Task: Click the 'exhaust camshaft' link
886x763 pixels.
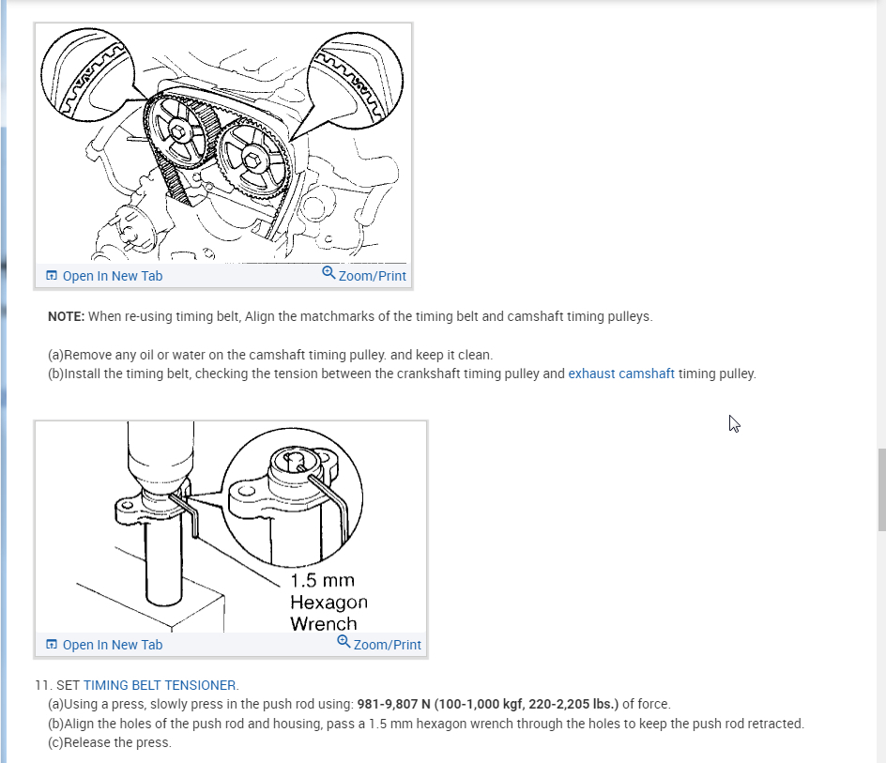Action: point(621,374)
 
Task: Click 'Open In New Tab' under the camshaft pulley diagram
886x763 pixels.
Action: point(113,276)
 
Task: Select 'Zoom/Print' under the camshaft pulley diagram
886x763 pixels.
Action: point(372,276)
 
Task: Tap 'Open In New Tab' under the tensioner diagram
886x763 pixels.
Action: point(113,645)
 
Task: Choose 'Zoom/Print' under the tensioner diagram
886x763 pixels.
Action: point(387,645)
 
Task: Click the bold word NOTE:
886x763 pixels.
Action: point(66,316)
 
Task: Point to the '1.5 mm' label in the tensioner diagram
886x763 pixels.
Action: point(322,580)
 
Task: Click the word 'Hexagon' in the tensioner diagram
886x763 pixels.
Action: point(328,603)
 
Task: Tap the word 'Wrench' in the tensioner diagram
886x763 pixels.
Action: point(324,624)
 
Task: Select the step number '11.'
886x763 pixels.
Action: point(43,685)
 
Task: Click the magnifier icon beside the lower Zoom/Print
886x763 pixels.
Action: point(344,642)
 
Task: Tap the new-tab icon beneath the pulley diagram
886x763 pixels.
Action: point(52,275)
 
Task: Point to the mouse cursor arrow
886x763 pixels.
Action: point(734,424)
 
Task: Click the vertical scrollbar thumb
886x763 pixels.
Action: point(881,490)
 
